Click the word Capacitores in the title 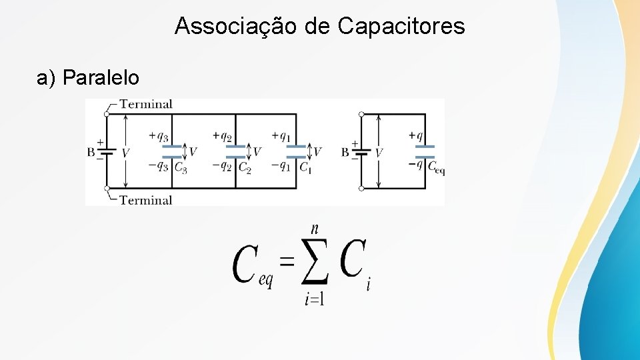tap(401, 27)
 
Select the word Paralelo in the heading tap(101, 78)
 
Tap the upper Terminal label tap(146, 104)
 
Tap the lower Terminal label tap(146, 199)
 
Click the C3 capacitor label tap(180, 167)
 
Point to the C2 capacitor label tap(245, 167)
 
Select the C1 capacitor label tap(305, 167)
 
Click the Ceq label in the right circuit tap(435, 167)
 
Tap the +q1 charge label tap(281, 136)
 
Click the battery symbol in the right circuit tap(361, 152)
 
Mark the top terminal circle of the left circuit tap(107, 114)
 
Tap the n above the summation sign tap(314, 228)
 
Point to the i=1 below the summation tap(314, 299)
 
